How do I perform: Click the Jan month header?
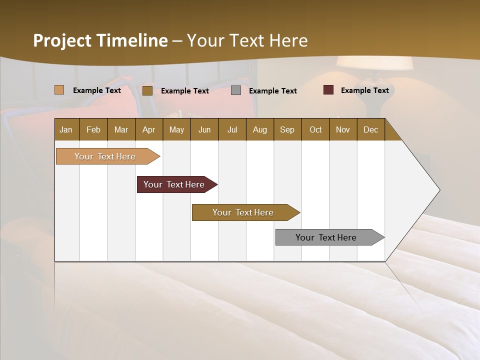pos(66,130)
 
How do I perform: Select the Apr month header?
pos(148,130)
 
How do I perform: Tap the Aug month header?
pos(259,130)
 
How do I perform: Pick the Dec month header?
pos(370,130)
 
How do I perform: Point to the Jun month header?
pos(204,130)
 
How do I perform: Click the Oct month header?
pos(315,130)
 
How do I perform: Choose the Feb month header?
pos(93,130)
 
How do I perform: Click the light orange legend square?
pos(59,90)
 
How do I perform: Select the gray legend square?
pos(236,90)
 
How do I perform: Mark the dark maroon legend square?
pos(328,90)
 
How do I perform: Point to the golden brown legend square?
pos(147,90)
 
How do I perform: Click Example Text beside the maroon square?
pos(364,90)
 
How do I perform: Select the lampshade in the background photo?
pos(374,63)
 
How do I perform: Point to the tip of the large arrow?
pos(439,190)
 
